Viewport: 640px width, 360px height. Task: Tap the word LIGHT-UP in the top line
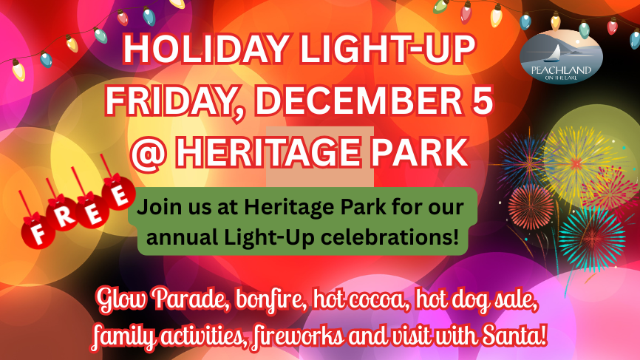click(388, 50)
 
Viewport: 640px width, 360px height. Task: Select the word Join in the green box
click(157, 207)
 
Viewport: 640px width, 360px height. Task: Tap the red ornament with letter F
click(38, 233)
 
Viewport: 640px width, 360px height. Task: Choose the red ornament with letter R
click(63, 214)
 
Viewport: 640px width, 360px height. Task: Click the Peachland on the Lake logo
click(561, 57)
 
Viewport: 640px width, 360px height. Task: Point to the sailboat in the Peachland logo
click(556, 53)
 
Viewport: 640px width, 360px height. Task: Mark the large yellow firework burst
click(576, 163)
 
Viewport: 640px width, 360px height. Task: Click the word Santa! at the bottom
click(514, 336)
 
